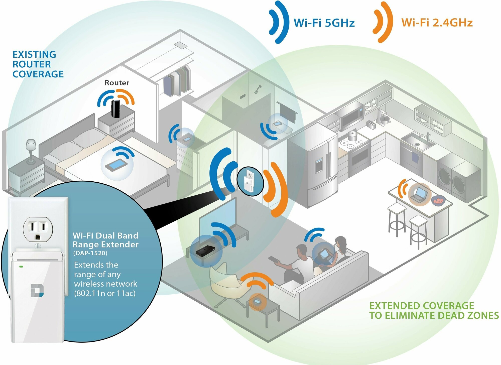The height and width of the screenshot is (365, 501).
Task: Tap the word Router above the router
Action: pos(117,83)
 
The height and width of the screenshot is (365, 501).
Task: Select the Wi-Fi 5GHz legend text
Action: pos(324,23)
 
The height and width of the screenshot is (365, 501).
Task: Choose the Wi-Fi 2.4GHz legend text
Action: pos(437,23)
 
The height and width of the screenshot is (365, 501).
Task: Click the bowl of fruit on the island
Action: pos(438,200)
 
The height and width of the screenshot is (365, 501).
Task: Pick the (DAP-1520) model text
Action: pos(90,253)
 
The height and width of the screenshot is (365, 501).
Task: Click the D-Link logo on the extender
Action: pos(37,291)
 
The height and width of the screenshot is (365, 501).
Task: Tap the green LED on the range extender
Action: pos(21,267)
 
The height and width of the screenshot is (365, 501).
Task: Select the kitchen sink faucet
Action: pos(427,137)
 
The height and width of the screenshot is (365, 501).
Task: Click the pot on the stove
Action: pos(353,136)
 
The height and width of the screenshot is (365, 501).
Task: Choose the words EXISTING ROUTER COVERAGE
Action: pos(38,64)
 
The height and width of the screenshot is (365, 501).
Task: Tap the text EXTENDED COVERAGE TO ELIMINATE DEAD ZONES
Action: pos(433,311)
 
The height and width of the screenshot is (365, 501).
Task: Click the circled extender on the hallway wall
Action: pos(250,181)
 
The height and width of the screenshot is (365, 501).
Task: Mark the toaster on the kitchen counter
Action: pos(371,124)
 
